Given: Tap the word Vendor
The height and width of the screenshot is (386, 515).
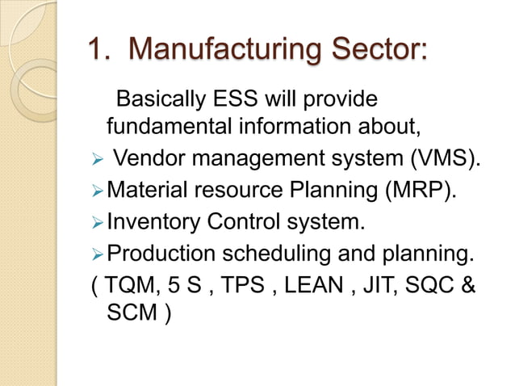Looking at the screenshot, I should (149, 157).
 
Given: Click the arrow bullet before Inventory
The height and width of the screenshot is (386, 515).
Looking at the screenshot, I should (97, 220).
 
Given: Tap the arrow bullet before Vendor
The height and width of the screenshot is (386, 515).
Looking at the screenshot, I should (97, 157).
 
